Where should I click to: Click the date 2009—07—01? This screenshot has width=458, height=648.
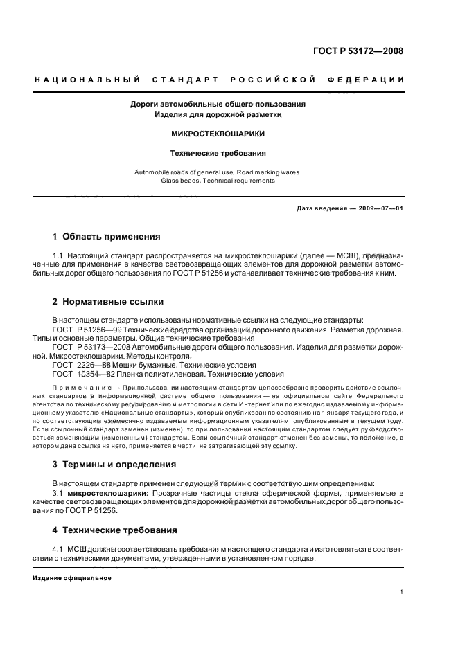pyautogui.click(x=380, y=208)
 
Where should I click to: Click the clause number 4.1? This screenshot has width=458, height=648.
pyautogui.click(x=58, y=549)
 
